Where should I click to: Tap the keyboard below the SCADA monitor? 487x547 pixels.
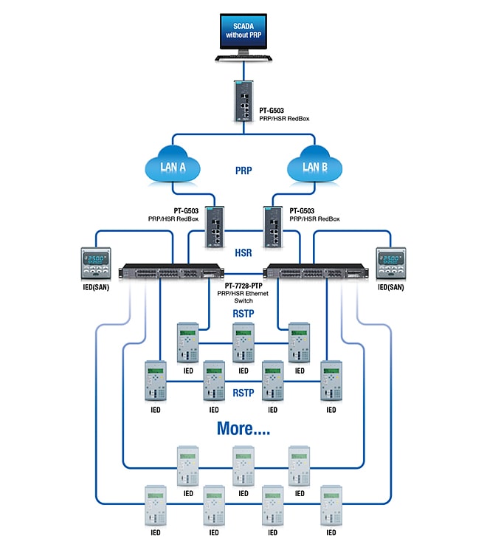click(243, 58)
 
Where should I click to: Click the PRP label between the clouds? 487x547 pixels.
click(244, 170)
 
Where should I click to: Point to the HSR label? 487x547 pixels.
click(243, 252)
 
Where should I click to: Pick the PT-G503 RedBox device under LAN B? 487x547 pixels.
click(272, 223)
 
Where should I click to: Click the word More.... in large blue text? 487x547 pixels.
click(243, 428)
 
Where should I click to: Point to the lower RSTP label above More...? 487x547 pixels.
click(243, 393)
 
